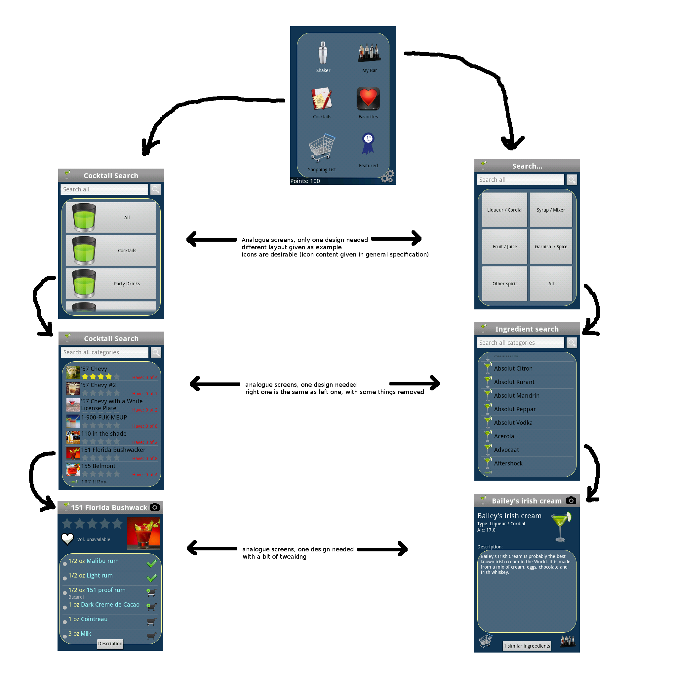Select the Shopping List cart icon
coord(322,147)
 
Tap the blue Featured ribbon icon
coord(368,144)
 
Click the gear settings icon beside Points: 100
coord(387,176)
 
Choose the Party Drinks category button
coord(111,284)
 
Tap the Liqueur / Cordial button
coord(504,210)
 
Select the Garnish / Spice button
coord(551,247)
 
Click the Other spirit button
coord(504,284)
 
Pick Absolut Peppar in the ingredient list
coord(515,409)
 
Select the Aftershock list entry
coord(508,463)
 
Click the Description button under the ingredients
coord(110,644)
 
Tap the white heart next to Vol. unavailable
coord(67,538)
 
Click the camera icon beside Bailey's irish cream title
coord(571,500)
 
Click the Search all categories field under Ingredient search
coord(520,343)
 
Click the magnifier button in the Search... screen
coord(572,180)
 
